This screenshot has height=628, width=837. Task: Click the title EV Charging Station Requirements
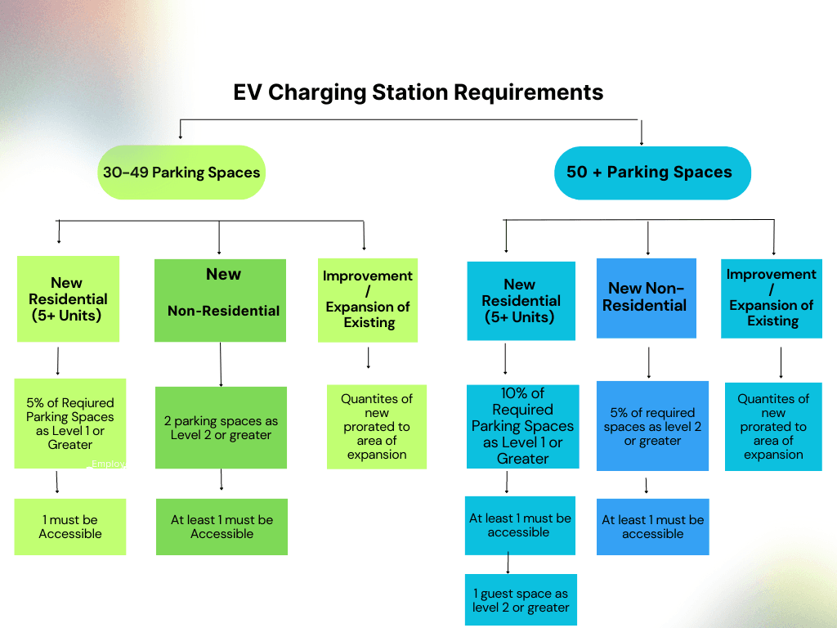tap(418, 92)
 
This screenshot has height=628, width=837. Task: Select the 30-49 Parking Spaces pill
tap(181, 173)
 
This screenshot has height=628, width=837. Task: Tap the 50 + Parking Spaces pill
tap(651, 173)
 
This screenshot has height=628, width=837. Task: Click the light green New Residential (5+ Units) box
tap(68, 298)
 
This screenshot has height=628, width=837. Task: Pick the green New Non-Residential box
tap(220, 300)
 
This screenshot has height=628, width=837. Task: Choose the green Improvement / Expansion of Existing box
tap(368, 299)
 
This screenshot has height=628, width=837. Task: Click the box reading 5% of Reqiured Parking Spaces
tap(70, 424)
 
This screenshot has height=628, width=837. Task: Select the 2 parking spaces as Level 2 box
tap(221, 428)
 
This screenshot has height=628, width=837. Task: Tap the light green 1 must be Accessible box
tap(70, 527)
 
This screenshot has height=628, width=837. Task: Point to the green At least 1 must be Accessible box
tap(222, 527)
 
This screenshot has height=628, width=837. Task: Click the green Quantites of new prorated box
tap(377, 426)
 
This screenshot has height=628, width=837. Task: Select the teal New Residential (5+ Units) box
tap(521, 300)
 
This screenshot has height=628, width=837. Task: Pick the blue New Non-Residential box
tap(646, 298)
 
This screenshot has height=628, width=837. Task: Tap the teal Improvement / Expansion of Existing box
tap(772, 298)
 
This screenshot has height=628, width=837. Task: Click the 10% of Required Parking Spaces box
tap(522, 426)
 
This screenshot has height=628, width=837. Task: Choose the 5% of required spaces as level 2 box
tap(652, 426)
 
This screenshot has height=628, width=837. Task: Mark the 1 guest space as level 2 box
tap(521, 599)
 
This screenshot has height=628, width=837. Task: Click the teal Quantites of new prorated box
tap(773, 426)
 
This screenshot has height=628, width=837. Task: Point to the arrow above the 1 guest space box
tap(508, 563)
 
